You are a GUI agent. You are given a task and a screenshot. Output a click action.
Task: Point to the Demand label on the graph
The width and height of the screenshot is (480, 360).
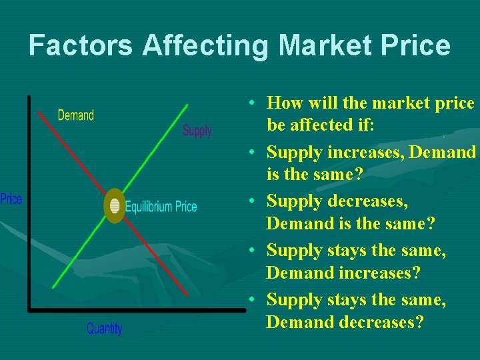pos(76,115)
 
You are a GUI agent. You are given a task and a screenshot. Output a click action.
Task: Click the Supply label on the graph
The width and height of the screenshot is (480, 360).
pos(197,131)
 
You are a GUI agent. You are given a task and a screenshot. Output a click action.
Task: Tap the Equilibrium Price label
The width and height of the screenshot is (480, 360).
pos(161,207)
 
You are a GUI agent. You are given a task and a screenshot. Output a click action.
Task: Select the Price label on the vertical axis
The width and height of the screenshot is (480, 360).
pos(11,199)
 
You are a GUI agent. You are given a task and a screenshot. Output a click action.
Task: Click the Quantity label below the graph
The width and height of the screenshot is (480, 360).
pos(105,329)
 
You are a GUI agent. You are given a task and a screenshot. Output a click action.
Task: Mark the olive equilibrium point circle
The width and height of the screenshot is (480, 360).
pos(115,206)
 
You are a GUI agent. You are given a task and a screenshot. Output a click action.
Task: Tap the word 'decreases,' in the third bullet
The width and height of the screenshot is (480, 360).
pos(368,202)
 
